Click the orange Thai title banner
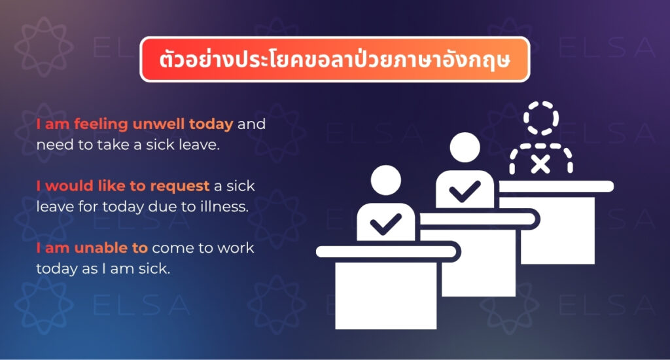(x=334, y=60)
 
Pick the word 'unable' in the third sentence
(x=98, y=248)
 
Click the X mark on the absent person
(x=540, y=164)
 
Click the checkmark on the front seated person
(x=385, y=224)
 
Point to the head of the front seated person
(x=386, y=180)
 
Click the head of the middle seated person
(x=465, y=147)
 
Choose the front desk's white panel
(x=386, y=296)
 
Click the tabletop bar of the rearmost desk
(x=556, y=187)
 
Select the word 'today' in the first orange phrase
(x=211, y=124)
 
